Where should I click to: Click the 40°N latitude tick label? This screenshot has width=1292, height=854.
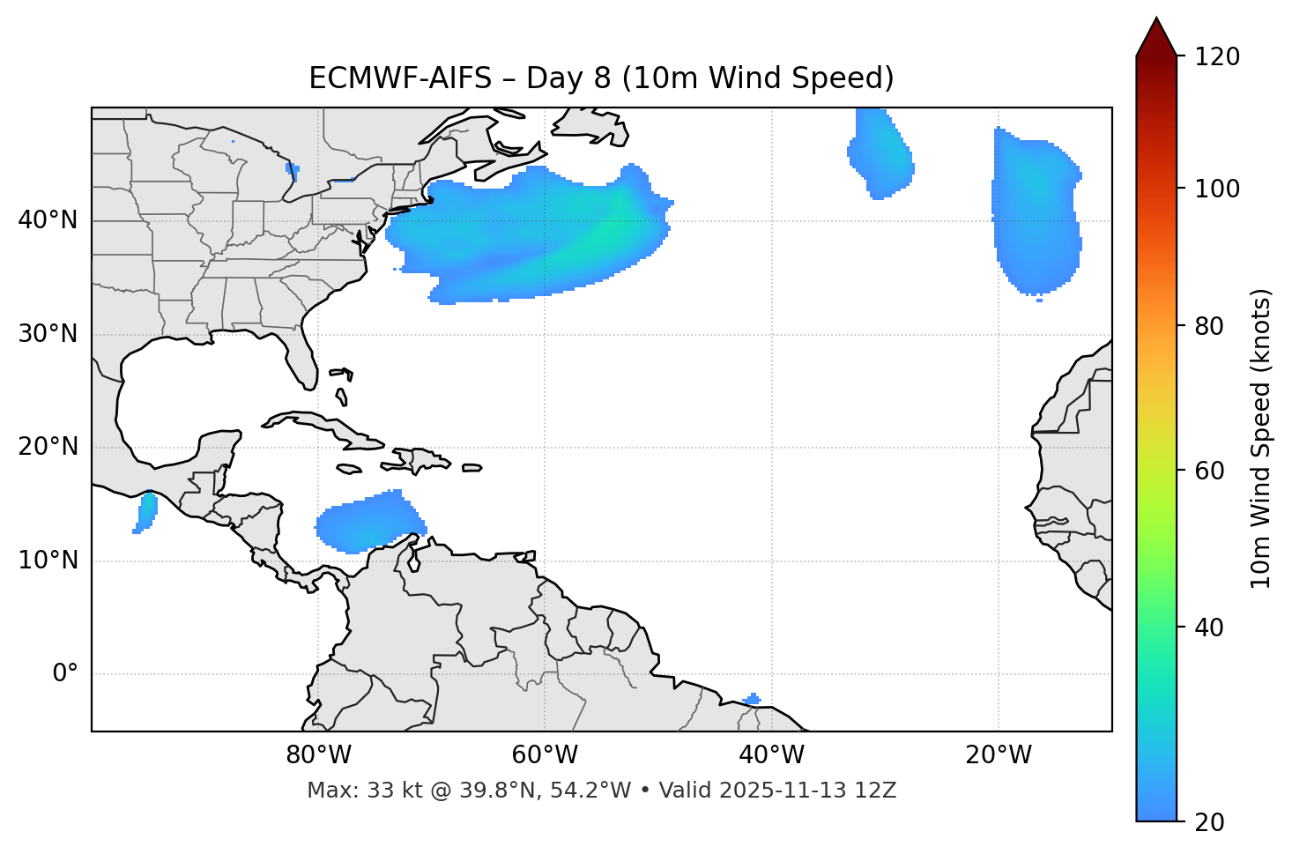(48, 220)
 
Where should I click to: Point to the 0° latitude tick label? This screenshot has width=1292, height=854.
(65, 674)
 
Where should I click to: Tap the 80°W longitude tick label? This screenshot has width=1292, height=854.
(318, 755)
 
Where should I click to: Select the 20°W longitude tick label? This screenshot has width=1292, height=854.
(999, 755)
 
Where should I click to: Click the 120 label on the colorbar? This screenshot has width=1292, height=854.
(1217, 56)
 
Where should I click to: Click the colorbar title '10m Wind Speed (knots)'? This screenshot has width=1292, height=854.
(1261, 438)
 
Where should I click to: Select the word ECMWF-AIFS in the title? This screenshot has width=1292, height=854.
(400, 78)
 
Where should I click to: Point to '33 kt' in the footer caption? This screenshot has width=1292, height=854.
(389, 791)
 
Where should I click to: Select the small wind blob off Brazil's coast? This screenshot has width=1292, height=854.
(752, 700)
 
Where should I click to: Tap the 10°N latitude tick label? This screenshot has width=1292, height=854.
(48, 561)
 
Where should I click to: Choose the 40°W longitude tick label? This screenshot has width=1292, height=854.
(771, 755)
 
